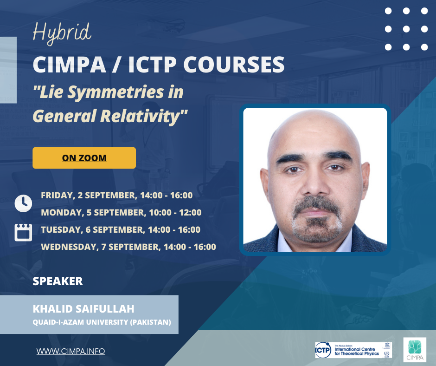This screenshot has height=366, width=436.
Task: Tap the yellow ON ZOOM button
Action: pos(84,158)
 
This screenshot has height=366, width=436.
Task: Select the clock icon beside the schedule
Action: pos(23,203)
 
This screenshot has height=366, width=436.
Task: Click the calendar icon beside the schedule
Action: pos(23,232)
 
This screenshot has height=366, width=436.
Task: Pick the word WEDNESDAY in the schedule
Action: pos(70,247)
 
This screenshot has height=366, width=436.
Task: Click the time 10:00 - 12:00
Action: pos(175,213)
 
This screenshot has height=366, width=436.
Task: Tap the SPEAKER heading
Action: pos(58,281)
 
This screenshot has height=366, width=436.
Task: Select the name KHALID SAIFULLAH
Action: pos(83,309)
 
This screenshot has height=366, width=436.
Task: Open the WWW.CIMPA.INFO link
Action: pos(71,351)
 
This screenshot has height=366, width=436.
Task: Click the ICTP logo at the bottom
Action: pos(353,350)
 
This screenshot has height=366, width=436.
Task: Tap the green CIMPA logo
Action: pos(415,350)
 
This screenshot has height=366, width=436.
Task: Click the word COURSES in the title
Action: pos(234,65)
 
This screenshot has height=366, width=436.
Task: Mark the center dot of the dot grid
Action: pos(406,29)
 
